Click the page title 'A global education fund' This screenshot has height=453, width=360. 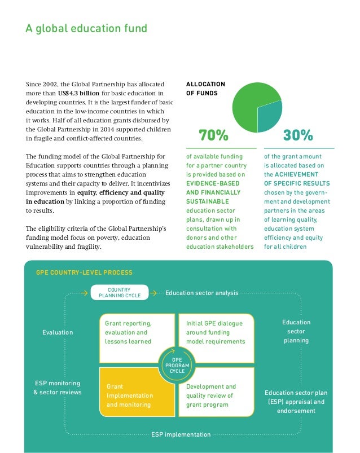coord(87,28)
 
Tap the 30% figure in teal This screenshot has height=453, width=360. coord(298,135)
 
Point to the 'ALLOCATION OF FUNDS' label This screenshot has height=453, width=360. coord(205,89)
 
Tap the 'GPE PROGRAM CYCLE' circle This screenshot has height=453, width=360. coord(177,364)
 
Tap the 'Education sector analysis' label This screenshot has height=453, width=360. coord(201,293)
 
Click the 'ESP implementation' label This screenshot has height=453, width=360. coord(181,434)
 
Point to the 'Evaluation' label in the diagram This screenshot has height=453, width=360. coord(58,333)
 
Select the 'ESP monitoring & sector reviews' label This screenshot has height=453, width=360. coord(58,388)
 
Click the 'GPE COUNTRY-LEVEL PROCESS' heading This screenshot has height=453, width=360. coord(84,272)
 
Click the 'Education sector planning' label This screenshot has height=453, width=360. coord(296,331)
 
